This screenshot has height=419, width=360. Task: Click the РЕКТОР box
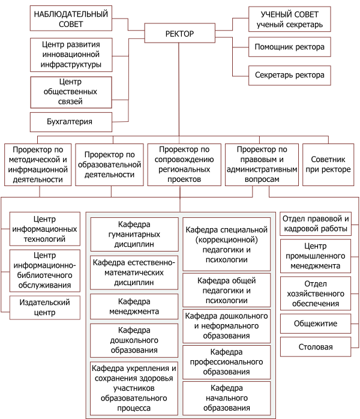(179, 34)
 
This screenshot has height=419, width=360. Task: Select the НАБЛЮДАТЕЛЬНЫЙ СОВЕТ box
(71, 19)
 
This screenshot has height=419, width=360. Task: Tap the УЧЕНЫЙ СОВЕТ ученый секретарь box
(289, 19)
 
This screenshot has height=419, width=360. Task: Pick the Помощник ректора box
(289, 46)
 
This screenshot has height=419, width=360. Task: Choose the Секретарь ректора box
(289, 75)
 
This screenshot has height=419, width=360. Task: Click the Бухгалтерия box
(71, 122)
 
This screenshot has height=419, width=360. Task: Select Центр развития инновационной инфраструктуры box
(71, 54)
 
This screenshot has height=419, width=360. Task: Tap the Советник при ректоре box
(331, 165)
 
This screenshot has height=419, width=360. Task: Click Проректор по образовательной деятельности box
(109, 164)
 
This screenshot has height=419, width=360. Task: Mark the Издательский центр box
(45, 308)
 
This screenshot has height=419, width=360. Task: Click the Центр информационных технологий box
(45, 229)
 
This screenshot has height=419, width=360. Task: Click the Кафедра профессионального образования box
(225, 362)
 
